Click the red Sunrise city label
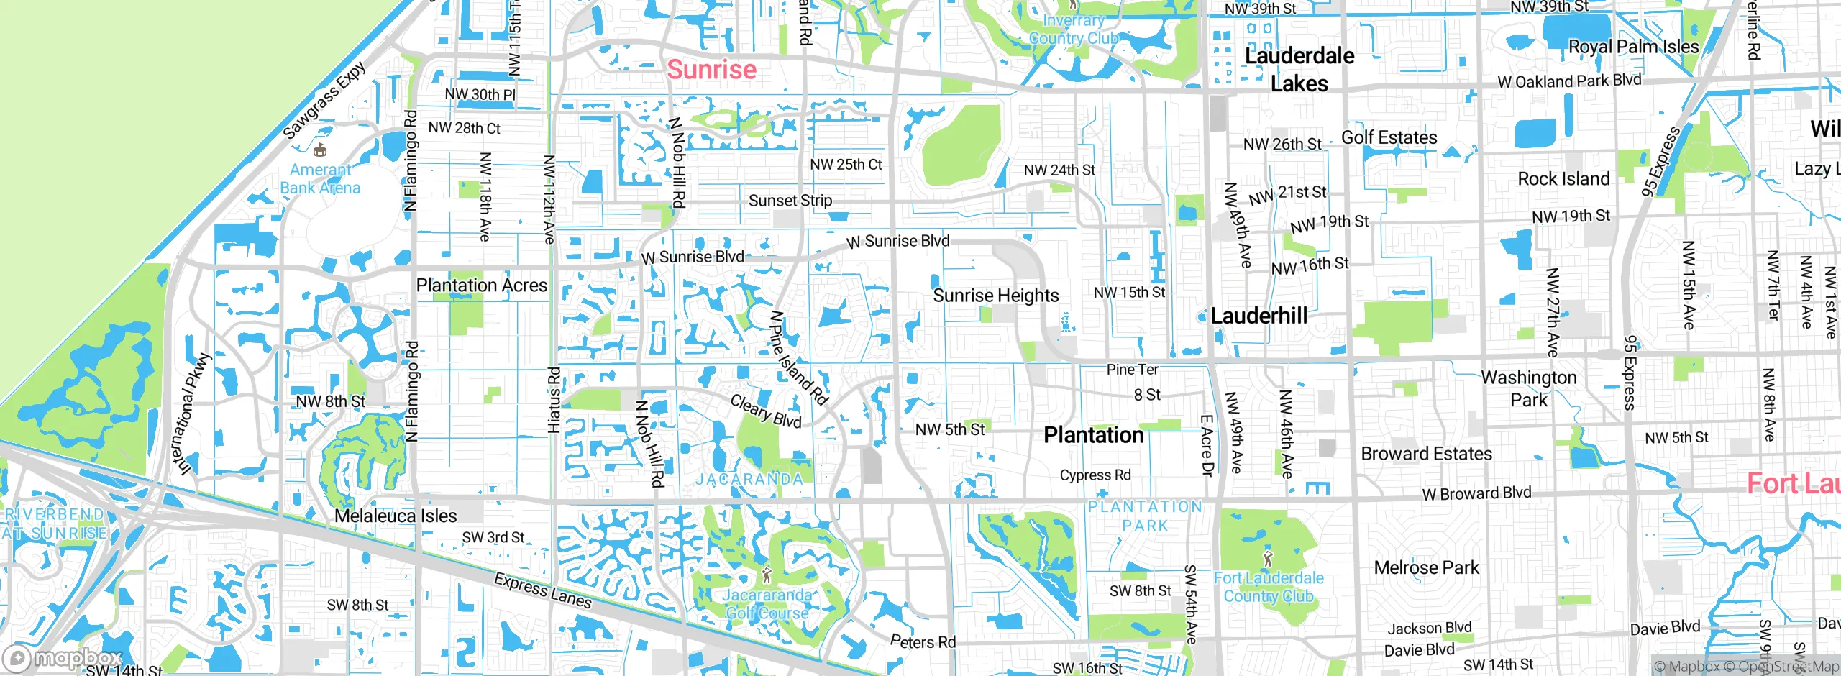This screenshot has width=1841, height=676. tap(711, 70)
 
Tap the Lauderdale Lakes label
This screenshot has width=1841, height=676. tap(1299, 70)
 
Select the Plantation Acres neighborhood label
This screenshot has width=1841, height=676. tap(482, 286)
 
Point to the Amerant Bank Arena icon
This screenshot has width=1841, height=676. tap(321, 150)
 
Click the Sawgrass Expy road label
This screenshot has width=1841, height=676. tap(324, 101)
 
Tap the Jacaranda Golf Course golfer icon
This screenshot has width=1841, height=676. tap(767, 575)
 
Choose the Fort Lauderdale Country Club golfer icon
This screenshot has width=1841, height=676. tap(1268, 558)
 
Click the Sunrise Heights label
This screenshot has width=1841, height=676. tap(995, 296)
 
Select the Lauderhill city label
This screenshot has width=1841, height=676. tap(1258, 316)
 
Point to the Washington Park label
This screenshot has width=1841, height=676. tap(1529, 388)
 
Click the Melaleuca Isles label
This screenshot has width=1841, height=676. tap(396, 516)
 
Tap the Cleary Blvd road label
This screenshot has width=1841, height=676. tap(765, 411)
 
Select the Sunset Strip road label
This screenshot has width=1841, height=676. tap(790, 201)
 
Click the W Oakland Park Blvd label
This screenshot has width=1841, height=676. tap(1569, 81)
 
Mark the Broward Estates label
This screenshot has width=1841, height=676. tap(1426, 454)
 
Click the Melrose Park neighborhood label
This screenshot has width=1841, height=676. tap(1426, 567)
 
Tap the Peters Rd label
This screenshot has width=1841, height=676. tap(923, 641)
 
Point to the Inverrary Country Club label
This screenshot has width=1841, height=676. tap(1073, 29)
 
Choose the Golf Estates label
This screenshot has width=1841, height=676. tap(1389, 137)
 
